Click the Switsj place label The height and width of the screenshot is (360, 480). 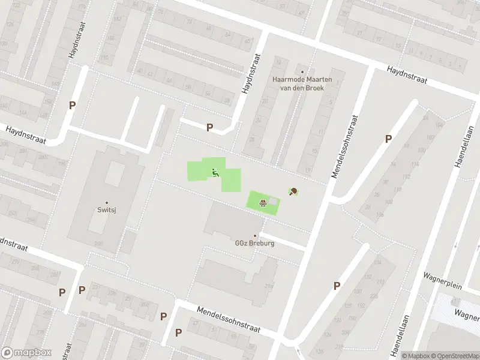[107, 210]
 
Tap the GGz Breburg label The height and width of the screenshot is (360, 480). [254, 244]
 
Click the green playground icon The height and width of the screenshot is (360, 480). [215, 173]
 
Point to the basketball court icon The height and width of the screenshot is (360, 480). [263, 202]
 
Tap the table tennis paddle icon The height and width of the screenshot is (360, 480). [293, 192]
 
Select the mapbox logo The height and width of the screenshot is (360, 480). [26, 353]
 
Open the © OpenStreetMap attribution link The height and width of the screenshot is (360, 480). [454, 356]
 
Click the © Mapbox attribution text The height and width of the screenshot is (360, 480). [415, 356]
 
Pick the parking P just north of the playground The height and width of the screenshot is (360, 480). [209, 127]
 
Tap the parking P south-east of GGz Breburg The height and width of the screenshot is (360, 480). [337, 286]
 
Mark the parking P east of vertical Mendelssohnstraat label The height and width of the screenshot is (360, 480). [388, 139]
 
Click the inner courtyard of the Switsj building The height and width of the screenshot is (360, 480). [115, 173]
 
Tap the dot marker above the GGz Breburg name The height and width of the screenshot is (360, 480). [254, 236]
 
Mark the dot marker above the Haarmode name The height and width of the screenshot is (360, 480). [302, 71]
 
